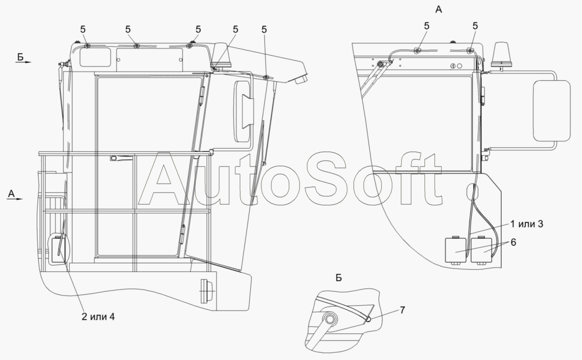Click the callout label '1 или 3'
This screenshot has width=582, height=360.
pyautogui.click(x=527, y=224)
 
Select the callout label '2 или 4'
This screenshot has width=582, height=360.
pyautogui.click(x=98, y=317)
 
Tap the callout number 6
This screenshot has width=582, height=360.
pyautogui.click(x=513, y=242)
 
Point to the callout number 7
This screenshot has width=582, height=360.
pyautogui.click(x=402, y=310)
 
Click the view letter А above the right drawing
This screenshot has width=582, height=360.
pyautogui.click(x=438, y=9)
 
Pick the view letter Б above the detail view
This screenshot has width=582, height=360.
pyautogui.click(x=338, y=277)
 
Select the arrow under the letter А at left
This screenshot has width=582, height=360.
pyautogui.click(x=15, y=199)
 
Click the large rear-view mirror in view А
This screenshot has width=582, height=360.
pyautogui.click(x=551, y=110)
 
